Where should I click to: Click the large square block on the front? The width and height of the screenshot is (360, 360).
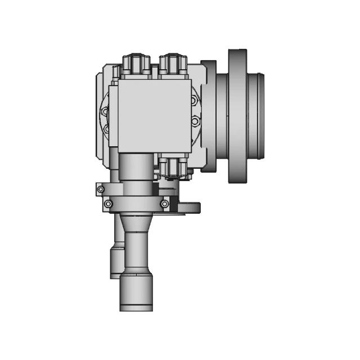click(154, 115)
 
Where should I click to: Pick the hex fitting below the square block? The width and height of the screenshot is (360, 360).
click(172, 166)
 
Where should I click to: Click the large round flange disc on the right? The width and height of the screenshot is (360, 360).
click(238, 115)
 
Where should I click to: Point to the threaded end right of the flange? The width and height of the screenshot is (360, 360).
click(260, 115)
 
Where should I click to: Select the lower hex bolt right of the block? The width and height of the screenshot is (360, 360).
click(195, 121)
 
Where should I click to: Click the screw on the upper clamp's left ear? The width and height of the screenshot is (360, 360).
click(101, 190)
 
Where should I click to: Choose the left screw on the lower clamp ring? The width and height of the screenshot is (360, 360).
click(109, 203)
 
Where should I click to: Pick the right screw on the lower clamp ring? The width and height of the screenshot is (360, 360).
click(164, 203)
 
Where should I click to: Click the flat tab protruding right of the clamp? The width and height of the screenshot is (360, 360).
click(190, 208)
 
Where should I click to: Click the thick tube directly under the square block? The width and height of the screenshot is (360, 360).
click(135, 169)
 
